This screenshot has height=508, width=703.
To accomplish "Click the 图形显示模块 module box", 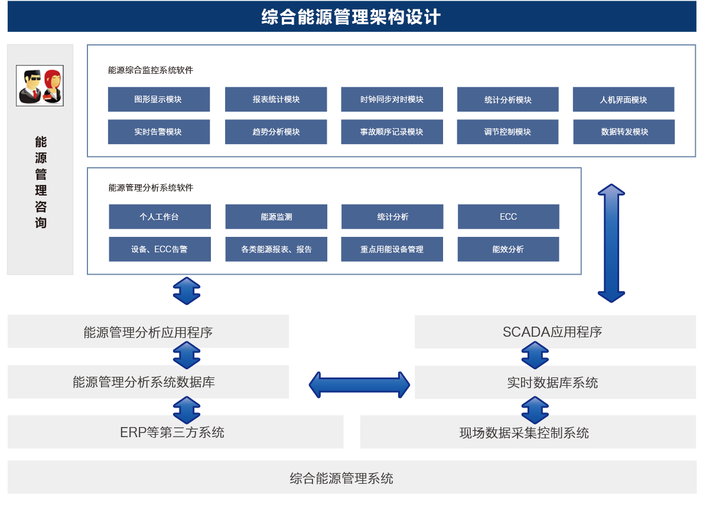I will coord(158,99).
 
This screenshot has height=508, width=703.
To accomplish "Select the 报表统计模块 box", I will coord(275,99).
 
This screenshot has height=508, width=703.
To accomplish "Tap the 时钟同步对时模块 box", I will coord(392,99).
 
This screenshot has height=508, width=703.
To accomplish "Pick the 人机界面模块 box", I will coord(623,99).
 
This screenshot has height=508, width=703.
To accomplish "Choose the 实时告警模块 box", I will coord(158,132).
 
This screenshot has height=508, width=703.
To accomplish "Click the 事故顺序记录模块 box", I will coord(392,132).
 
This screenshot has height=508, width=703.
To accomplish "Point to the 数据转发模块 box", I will coord(624,132).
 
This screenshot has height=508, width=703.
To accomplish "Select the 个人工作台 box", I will coord(160,217).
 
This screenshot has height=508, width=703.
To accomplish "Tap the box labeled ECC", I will coord(508,217).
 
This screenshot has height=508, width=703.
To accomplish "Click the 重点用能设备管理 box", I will coord(392,249).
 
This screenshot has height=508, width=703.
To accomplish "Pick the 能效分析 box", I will coord(508,249).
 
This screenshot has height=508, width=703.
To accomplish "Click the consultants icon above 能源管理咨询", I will coord(40,86).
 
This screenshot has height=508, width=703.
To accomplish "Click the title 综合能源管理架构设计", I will coord(351,17).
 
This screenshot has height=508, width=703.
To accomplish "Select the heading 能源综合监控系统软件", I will coord(151,70).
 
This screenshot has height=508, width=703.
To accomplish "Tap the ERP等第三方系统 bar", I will coord(175,432).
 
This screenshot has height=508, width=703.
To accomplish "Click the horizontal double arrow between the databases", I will coord(359,385).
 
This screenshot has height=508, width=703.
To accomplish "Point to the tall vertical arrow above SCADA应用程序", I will coord(611,243).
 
